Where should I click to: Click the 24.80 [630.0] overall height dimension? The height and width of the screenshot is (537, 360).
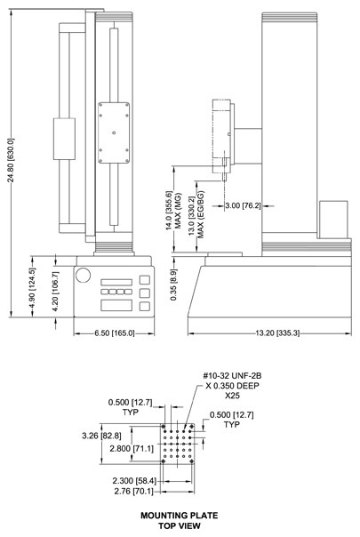[11, 160]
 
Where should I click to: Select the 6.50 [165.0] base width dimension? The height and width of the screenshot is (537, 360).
[115, 333]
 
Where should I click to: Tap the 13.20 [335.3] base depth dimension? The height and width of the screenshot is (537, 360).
[277, 333]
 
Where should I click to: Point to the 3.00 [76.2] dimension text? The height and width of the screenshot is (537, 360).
[243, 206]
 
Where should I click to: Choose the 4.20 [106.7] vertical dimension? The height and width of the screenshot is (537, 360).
[56, 292]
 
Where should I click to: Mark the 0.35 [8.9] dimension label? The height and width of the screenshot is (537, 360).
[173, 285]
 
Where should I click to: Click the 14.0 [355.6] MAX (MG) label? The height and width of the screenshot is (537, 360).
[173, 211]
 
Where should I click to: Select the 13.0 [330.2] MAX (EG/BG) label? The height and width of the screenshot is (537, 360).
[196, 215]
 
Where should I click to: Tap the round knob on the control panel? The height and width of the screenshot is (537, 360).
[83, 275]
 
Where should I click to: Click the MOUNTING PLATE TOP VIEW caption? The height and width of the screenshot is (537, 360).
[180, 520]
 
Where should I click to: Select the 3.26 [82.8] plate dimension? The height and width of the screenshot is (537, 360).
[101, 436]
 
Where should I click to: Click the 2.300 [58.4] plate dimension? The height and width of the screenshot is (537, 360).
[134, 481]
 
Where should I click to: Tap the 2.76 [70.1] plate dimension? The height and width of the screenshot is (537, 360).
[133, 492]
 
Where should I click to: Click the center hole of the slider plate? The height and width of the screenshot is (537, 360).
[114, 132]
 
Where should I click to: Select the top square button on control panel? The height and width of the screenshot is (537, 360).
[145, 280]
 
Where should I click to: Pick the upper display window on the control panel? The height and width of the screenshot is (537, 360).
[116, 282]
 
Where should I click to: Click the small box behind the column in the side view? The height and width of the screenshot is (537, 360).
[333, 220]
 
